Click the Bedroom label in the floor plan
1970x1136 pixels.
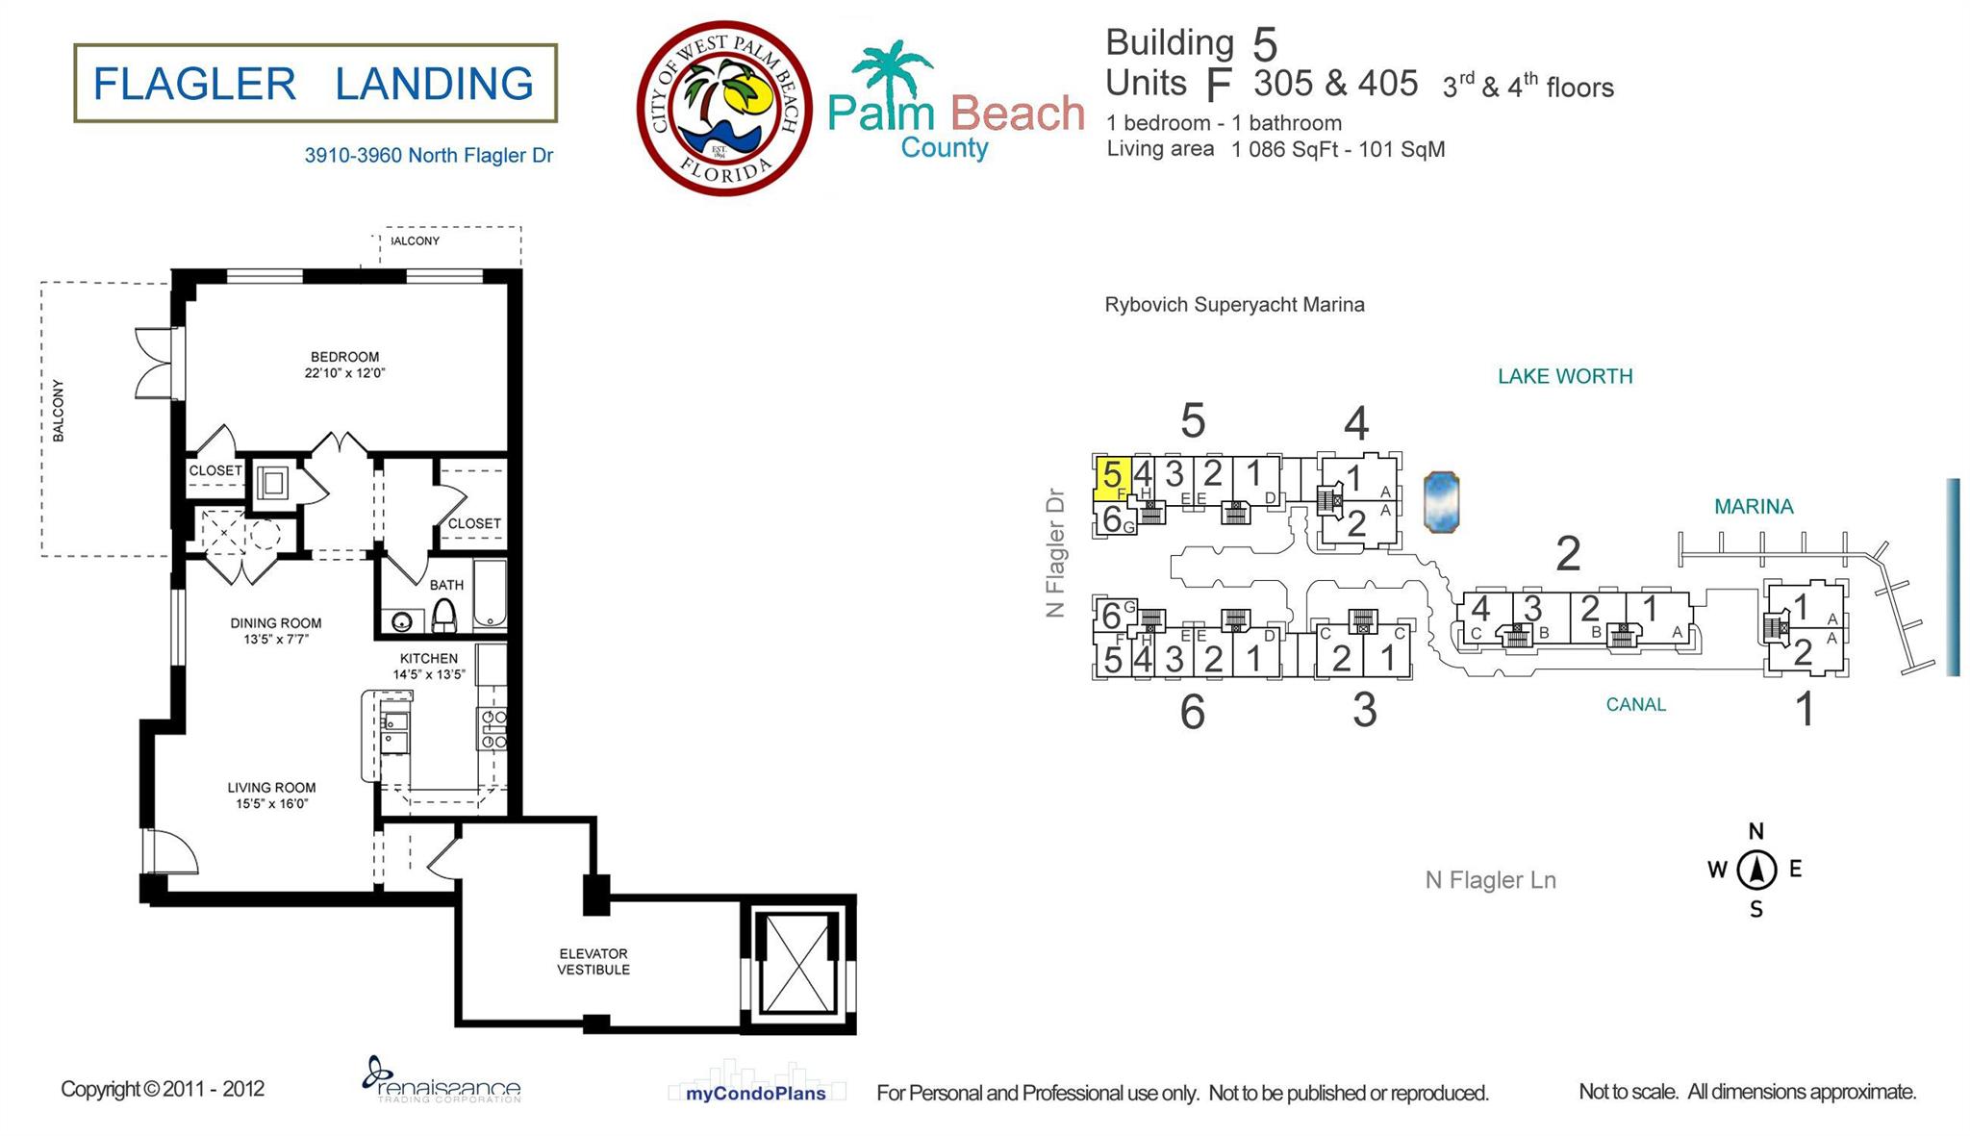point(344,365)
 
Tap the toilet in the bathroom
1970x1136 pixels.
point(443,615)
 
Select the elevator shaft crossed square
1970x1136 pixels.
point(797,964)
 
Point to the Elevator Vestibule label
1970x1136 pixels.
point(594,962)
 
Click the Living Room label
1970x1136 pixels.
point(271,795)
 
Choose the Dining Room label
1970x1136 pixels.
point(276,631)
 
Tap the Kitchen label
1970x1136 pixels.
point(429,666)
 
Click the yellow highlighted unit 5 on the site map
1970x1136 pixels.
point(1112,479)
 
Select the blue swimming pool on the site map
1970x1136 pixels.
point(1441,501)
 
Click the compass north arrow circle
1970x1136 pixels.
point(1756,871)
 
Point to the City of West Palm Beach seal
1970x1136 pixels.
point(723,108)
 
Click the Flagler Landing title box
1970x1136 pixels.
point(316,83)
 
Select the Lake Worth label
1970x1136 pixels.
point(1565,376)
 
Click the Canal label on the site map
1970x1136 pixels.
point(1635,704)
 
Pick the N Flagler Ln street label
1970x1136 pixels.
point(1490,880)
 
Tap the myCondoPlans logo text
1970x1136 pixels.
point(756,1093)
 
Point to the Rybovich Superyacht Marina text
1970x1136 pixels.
point(1234,305)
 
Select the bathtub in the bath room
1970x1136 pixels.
point(490,593)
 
